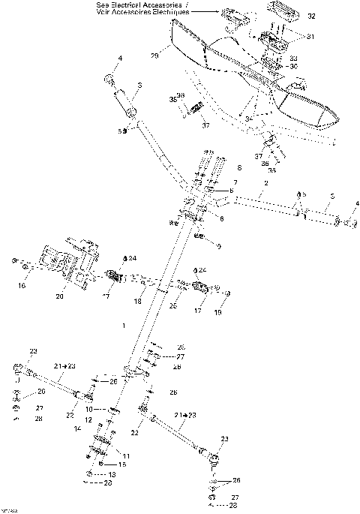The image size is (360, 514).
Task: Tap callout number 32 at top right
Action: point(311,16)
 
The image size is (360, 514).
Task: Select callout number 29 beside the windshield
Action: point(156,56)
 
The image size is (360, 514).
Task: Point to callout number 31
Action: point(312,35)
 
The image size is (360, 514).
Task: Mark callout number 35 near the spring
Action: point(172,98)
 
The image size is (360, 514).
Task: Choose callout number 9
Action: point(218,245)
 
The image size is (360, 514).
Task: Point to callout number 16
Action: point(22,286)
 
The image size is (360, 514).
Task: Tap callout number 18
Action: point(137,301)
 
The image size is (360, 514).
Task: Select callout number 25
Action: point(172,305)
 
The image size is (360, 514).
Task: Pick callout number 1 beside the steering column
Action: point(123,325)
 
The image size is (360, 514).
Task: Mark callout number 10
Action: point(88,409)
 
